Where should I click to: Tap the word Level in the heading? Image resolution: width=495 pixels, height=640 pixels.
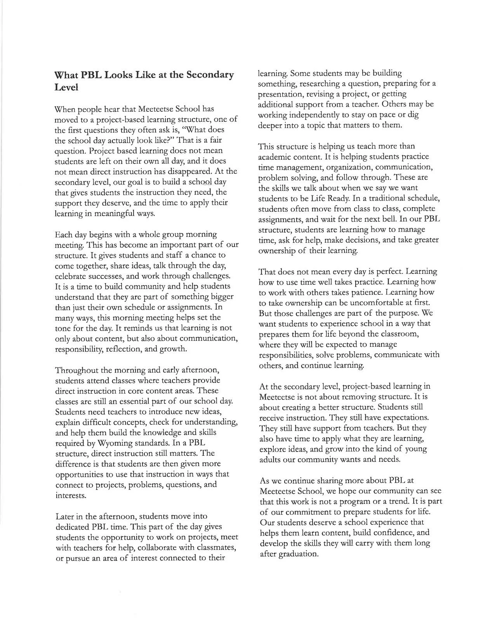pyautogui.click(x=67, y=88)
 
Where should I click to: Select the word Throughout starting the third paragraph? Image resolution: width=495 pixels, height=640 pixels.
pyautogui.click(x=78, y=370)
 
